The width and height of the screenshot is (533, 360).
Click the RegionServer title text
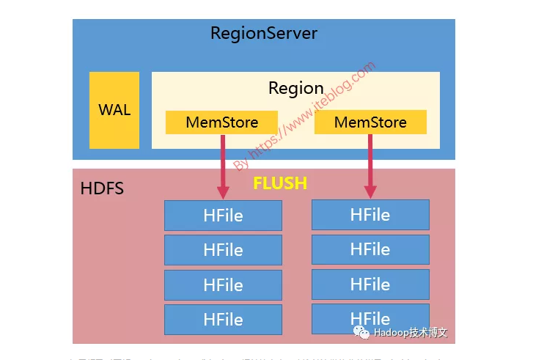pyautogui.click(x=263, y=33)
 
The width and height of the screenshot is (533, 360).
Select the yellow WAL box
pyautogui.click(x=114, y=110)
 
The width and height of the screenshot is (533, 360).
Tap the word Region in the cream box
pyautogui.click(x=295, y=89)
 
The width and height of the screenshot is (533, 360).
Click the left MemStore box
pyautogui.click(x=221, y=122)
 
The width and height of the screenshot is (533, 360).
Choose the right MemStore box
pyautogui.click(x=370, y=122)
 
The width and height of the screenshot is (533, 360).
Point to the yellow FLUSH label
pyautogui.click(x=280, y=183)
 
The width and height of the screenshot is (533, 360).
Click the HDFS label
pyautogui.click(x=102, y=188)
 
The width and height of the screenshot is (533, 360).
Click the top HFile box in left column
pyautogui.click(x=223, y=216)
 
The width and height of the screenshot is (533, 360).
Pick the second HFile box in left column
pyautogui.click(x=223, y=250)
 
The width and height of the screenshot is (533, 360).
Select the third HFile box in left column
pyautogui.click(x=223, y=285)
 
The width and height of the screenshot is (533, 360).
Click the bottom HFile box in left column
pyautogui.click(x=223, y=320)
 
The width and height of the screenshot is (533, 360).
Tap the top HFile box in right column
pyautogui.click(x=370, y=215)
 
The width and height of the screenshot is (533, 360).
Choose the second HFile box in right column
pyautogui.click(x=370, y=249)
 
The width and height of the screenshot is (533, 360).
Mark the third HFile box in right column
pyautogui.click(x=370, y=284)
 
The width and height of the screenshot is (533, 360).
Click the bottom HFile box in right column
pyautogui.click(x=370, y=319)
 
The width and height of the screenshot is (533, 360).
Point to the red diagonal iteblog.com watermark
pyautogui.click(x=304, y=117)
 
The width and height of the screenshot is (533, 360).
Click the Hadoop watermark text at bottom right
pyautogui.click(x=411, y=333)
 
